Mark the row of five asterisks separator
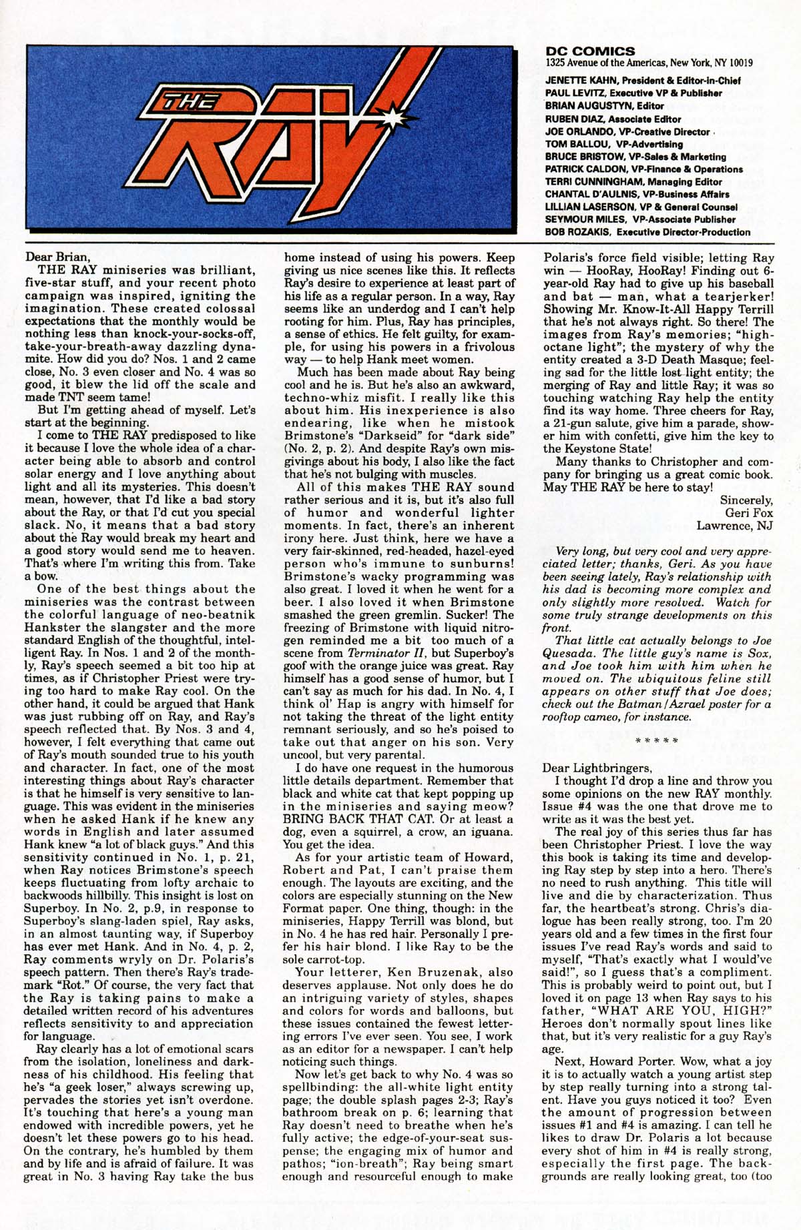tap(657, 741)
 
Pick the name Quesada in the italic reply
tap(571, 653)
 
